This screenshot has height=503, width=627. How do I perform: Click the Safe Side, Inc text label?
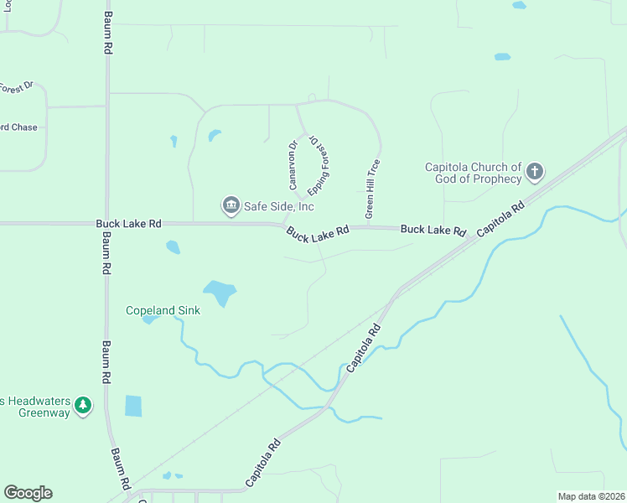279,205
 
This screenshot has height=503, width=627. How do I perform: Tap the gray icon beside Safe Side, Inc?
230,205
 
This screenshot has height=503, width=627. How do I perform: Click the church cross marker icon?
535,174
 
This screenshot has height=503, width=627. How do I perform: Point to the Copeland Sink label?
163,310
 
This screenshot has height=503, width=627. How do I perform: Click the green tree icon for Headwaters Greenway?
82,406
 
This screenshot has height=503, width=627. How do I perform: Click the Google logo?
28,493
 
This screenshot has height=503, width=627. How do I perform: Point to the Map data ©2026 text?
590,496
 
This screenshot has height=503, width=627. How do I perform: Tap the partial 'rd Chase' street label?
18,127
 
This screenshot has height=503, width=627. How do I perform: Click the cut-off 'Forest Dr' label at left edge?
16,86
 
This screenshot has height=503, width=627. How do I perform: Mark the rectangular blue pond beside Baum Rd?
133,406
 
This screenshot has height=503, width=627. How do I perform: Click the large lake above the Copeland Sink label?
220,292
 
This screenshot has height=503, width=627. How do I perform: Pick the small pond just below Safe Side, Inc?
173,246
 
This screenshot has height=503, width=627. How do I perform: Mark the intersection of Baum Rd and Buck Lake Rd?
106,224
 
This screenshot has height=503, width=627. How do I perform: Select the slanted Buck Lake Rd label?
317,235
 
